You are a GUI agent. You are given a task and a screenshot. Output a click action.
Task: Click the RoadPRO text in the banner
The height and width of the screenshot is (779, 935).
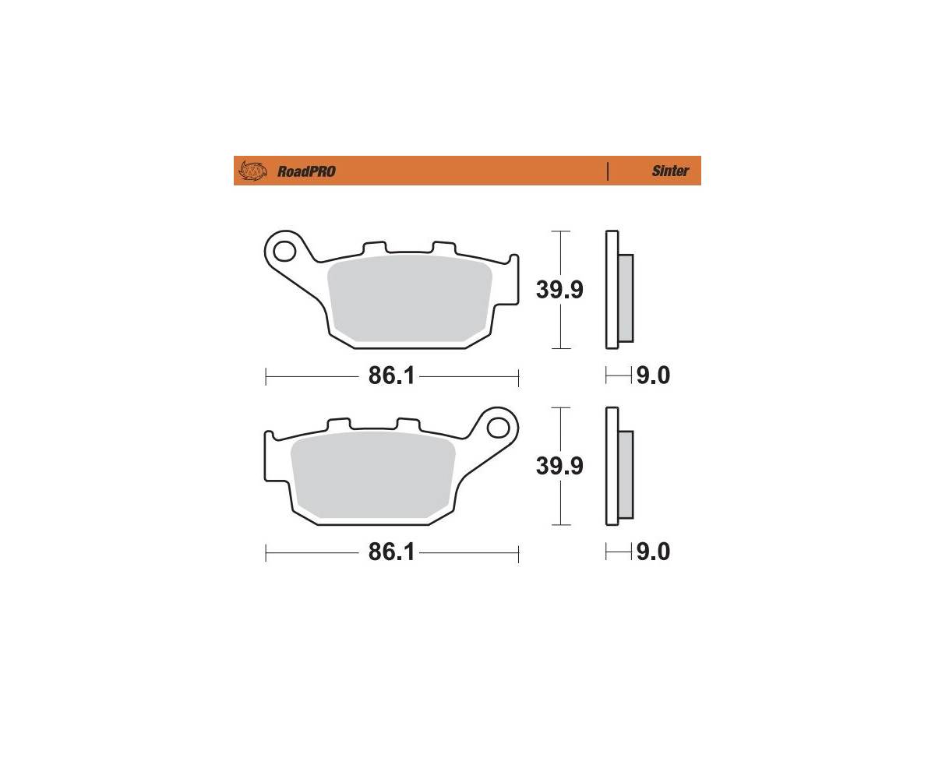pyautogui.click(x=306, y=171)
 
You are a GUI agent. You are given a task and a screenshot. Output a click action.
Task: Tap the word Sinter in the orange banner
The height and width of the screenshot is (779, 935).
pyautogui.click(x=670, y=171)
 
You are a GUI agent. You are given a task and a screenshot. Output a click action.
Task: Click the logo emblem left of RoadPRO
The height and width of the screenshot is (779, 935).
pyautogui.click(x=252, y=171)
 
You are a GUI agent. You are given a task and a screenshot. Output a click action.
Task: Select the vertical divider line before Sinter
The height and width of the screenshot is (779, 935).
pyautogui.click(x=608, y=171)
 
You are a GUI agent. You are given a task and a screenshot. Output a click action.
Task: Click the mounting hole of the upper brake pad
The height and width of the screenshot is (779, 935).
pyautogui.click(x=284, y=251)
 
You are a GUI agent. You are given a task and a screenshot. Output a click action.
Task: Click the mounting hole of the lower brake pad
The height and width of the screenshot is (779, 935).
pyautogui.click(x=497, y=427)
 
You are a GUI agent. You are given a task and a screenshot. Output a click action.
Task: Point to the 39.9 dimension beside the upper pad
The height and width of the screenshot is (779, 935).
pyautogui.click(x=559, y=290)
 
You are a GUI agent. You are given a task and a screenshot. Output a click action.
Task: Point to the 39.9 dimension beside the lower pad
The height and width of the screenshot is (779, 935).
pyautogui.click(x=559, y=466)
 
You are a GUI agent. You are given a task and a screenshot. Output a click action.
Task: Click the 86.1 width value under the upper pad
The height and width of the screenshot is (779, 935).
pyautogui.click(x=391, y=375)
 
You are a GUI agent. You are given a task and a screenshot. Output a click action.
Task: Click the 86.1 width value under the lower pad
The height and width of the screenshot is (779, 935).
pyautogui.click(x=391, y=552)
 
